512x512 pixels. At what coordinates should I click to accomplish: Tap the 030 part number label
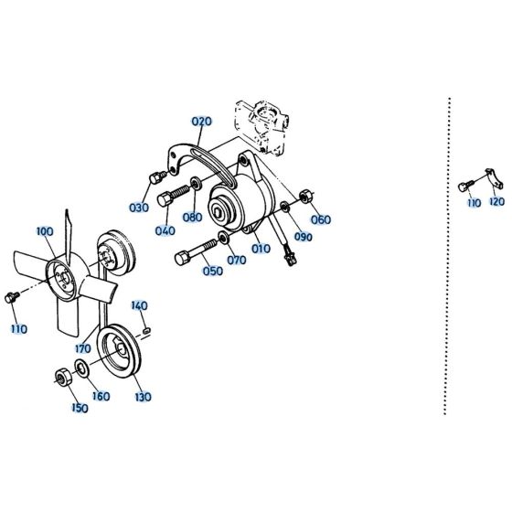(139, 208)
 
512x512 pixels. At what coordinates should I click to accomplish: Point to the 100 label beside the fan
(45, 232)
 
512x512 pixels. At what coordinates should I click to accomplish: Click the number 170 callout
(84, 348)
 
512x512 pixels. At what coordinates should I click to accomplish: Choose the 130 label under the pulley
(143, 397)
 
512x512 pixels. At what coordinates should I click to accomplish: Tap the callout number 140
(139, 304)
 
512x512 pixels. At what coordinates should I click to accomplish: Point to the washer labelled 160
(81, 368)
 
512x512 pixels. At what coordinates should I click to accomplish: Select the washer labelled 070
(224, 240)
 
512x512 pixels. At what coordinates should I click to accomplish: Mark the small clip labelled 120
(490, 179)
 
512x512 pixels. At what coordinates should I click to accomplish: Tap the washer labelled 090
(289, 208)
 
